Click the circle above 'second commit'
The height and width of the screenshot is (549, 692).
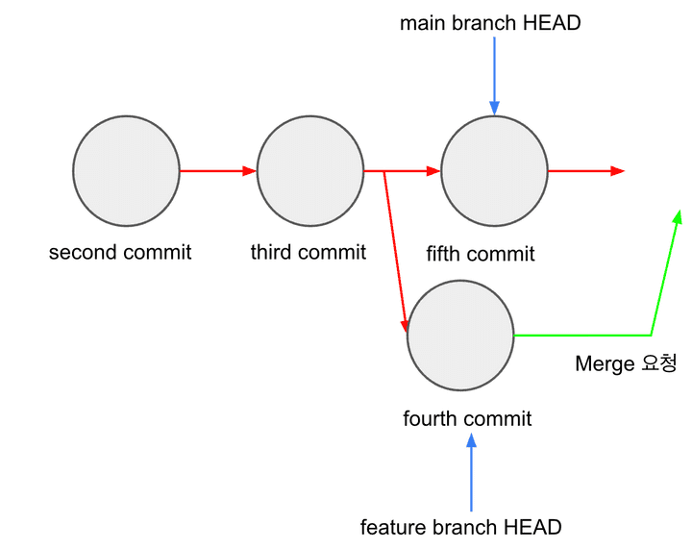[x=126, y=171]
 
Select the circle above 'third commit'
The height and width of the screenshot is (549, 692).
[x=310, y=171]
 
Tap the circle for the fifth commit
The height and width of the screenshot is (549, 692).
[x=495, y=171]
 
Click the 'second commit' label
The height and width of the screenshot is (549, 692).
[x=120, y=253]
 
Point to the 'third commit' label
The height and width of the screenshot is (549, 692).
[x=309, y=253]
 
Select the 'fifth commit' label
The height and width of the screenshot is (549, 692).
[x=481, y=254]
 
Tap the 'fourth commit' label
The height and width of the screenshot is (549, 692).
[x=467, y=419]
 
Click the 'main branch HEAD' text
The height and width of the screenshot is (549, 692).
[x=490, y=23]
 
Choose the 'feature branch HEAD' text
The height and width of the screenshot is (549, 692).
[x=460, y=527]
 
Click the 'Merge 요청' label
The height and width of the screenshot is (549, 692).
[x=626, y=363]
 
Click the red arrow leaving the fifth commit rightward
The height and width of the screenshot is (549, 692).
[x=586, y=171]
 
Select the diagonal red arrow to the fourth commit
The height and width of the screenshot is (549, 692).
[x=394, y=250]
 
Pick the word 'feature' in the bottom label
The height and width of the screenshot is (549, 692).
[x=389, y=527]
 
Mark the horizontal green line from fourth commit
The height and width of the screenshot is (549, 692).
[x=581, y=336]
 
